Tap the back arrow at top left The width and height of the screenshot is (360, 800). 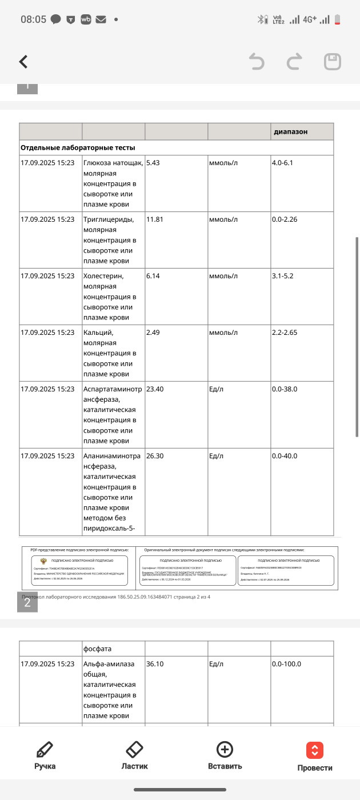[23, 62]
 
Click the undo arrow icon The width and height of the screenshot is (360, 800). [257, 62]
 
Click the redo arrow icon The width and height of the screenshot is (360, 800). [294, 62]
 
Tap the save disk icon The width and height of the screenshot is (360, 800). [333, 62]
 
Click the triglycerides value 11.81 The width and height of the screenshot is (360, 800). [156, 219]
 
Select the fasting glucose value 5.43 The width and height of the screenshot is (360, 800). [154, 163]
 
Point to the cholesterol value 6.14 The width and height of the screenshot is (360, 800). [154, 276]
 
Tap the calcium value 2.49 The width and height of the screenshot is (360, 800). [154, 333]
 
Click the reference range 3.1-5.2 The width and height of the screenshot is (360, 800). [283, 276]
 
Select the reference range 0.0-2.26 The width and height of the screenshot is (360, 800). [285, 219]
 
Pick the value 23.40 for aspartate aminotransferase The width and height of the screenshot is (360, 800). [156, 389]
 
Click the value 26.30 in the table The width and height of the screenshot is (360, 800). [156, 457]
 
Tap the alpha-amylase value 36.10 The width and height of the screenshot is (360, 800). [156, 664]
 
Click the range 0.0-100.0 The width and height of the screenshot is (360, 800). [287, 664]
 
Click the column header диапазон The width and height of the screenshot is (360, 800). [290, 131]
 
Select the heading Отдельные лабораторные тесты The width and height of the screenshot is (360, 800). [78, 147]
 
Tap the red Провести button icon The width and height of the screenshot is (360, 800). [315, 750]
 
